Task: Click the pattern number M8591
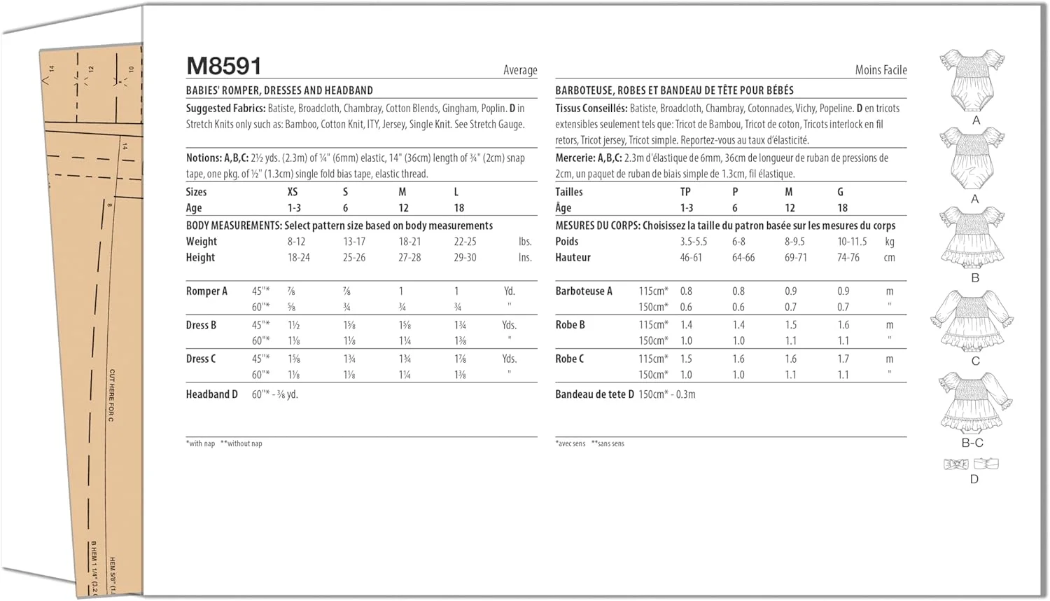(x=224, y=67)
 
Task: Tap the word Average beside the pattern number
(x=520, y=70)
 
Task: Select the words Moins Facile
(x=881, y=70)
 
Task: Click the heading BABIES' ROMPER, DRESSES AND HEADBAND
(x=279, y=90)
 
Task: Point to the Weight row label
(x=202, y=242)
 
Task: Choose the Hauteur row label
(x=573, y=258)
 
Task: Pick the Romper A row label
(x=206, y=291)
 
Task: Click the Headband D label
(x=211, y=394)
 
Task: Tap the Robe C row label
(x=570, y=359)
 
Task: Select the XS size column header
(x=293, y=192)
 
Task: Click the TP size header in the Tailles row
(x=685, y=192)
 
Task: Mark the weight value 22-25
(x=465, y=242)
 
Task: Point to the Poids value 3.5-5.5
(x=694, y=242)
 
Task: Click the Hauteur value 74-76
(x=848, y=258)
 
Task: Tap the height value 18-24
(x=299, y=258)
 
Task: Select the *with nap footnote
(x=201, y=443)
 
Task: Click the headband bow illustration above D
(x=956, y=464)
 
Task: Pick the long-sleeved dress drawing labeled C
(x=972, y=320)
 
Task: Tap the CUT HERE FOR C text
(x=111, y=395)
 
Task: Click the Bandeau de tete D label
(x=594, y=394)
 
